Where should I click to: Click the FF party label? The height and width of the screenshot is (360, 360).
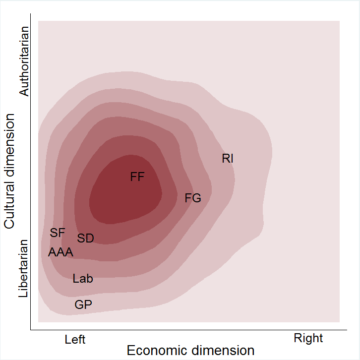[137, 177]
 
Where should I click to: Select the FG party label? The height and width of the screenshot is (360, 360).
[193, 198]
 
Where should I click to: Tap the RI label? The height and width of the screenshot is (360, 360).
[228, 159]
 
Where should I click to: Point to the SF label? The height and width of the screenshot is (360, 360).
[58, 233]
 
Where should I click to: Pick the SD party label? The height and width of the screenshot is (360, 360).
[86, 239]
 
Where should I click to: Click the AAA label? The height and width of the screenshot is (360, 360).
[60, 252]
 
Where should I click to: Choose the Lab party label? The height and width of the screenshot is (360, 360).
[83, 279]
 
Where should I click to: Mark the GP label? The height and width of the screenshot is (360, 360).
[83, 305]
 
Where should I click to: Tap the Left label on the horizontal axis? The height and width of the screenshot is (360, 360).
[75, 340]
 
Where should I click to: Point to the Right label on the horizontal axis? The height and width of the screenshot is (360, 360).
[308, 339]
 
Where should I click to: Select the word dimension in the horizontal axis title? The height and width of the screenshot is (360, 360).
[224, 351]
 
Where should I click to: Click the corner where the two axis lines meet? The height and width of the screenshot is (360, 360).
[31, 329]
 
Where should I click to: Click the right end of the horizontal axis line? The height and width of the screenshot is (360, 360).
[346, 329]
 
